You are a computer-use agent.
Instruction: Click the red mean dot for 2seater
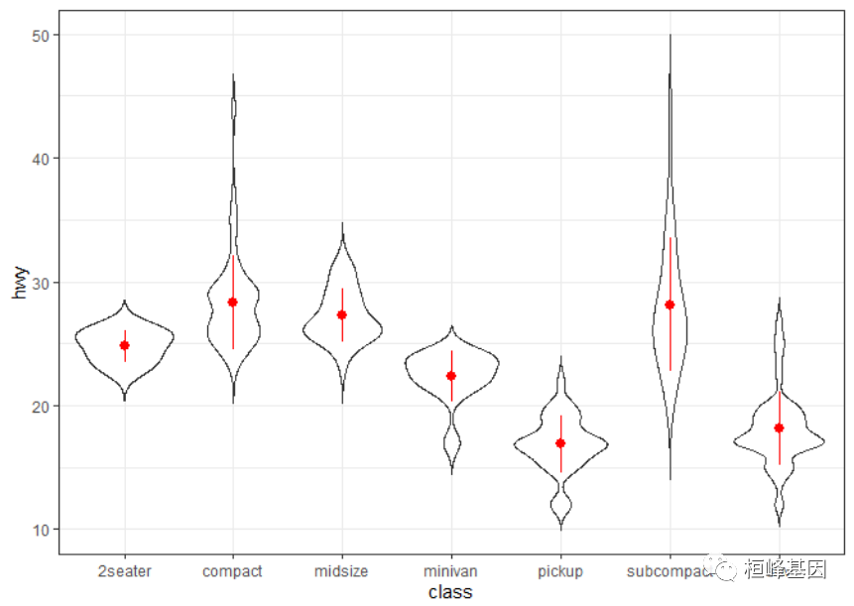coord(125,345)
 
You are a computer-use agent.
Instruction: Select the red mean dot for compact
coord(233,302)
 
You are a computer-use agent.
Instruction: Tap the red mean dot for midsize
coord(342,314)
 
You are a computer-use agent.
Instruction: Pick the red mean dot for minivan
coord(451,376)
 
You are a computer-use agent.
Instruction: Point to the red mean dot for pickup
coord(560,443)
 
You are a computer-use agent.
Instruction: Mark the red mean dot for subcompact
coord(670,304)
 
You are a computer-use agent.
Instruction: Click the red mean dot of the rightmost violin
coord(780,427)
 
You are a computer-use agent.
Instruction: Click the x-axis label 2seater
coord(125,571)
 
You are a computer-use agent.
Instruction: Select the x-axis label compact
coord(232,571)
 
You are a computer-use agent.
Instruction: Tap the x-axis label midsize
coord(342,571)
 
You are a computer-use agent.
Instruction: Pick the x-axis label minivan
coord(451,571)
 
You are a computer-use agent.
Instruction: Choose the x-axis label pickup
coord(560,571)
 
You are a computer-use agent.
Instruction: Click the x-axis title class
coord(450,592)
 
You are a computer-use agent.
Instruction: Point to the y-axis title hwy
coord(20,282)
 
